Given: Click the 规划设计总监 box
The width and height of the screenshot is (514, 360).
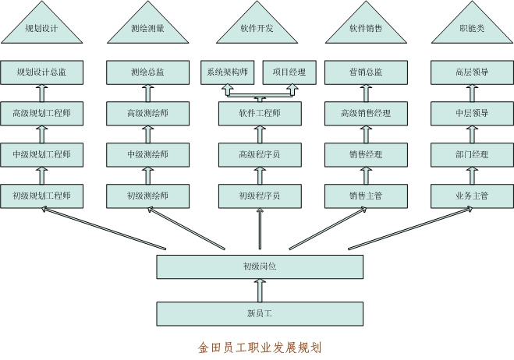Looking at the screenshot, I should (42, 72).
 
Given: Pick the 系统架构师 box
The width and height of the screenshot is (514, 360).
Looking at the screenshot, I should (227, 72).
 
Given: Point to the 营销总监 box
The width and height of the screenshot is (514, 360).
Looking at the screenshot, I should (366, 72).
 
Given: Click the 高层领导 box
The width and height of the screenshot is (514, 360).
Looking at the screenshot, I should (471, 72).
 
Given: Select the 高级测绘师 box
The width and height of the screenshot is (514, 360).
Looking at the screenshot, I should (147, 113).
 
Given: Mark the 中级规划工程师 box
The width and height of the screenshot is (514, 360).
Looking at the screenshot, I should (42, 154).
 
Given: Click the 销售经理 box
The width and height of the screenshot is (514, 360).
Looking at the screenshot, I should (366, 154).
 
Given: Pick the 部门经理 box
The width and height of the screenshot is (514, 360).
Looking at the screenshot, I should (471, 154).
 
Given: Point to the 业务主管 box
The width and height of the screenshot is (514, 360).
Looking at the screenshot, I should (471, 195).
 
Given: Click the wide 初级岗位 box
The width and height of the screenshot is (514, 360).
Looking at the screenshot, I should (260, 266).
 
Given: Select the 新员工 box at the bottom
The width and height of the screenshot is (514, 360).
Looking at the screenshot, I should (260, 314).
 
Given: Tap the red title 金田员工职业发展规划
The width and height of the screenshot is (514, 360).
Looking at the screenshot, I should (260, 347).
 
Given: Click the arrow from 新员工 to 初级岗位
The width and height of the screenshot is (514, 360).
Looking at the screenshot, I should (261, 291).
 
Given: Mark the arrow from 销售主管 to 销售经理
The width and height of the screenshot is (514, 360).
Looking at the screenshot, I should (366, 175).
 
